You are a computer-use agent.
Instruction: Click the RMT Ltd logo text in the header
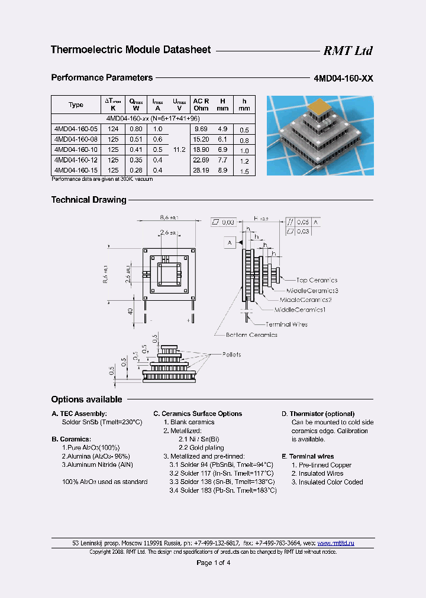(347, 51)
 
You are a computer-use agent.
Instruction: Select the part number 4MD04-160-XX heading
(343, 78)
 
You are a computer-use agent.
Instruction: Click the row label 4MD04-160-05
(73, 129)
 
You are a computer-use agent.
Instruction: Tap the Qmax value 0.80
(135, 129)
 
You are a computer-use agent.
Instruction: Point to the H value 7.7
(222, 160)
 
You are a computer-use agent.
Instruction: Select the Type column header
(76, 105)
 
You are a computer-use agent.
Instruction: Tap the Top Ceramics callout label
(317, 280)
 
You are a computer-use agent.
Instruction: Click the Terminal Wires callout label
(286, 324)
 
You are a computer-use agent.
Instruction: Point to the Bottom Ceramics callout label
(251, 335)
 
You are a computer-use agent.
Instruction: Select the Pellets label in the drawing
(231, 355)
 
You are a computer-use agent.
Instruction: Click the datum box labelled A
(229, 242)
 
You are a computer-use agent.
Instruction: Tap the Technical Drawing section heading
(89, 200)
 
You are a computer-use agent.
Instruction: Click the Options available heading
(86, 399)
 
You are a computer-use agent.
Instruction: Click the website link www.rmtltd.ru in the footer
(335, 542)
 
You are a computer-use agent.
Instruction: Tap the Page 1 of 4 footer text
(213, 563)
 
